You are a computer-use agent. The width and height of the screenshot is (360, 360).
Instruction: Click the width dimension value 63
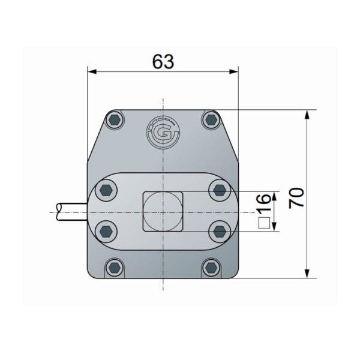[x=163, y=62]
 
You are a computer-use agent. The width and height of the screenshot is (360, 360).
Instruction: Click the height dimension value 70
[x=296, y=198]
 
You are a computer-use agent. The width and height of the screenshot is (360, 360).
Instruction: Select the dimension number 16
[x=263, y=203]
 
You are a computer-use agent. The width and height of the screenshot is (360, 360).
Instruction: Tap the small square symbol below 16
[x=264, y=223]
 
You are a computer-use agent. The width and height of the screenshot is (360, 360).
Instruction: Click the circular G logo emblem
[x=163, y=133]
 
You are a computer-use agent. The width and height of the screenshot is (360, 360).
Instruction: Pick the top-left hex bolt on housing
[x=115, y=120]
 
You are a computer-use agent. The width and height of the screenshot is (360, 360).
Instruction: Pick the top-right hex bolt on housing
[x=211, y=119]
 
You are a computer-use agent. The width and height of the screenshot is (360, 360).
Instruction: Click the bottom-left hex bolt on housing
[x=114, y=268]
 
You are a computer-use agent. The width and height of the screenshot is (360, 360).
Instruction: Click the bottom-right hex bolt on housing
[x=211, y=268]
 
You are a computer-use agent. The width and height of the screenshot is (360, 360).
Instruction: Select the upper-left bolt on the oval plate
[x=106, y=190]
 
